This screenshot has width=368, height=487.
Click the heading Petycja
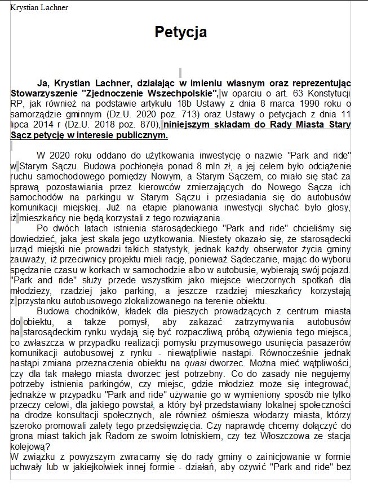[x=180, y=32]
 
